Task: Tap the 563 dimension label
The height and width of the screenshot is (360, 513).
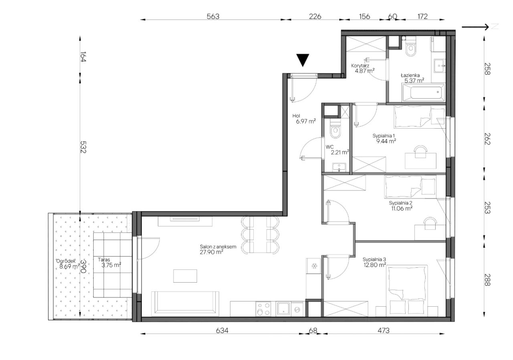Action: click(213, 16)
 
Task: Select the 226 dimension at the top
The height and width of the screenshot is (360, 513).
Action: click(315, 16)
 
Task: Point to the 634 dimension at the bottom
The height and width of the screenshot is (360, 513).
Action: click(222, 331)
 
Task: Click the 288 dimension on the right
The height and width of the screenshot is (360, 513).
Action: click(487, 280)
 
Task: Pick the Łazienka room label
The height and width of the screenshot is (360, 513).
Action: click(410, 75)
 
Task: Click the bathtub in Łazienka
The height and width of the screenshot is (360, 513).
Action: click(424, 92)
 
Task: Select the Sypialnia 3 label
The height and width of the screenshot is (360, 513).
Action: click(374, 259)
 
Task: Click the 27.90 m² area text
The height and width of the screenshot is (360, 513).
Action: click(211, 252)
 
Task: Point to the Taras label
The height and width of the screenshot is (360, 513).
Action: click(104, 260)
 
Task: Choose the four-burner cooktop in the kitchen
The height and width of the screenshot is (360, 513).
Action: click(263, 309)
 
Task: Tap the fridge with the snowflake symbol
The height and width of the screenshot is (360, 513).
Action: click(314, 266)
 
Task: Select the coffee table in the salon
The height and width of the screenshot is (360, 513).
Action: click(185, 276)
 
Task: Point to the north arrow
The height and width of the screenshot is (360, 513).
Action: click(475, 27)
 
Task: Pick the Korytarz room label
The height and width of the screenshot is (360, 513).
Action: click(360, 66)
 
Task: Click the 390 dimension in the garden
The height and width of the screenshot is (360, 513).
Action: click(83, 266)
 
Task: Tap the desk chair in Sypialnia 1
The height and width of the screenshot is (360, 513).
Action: click(421, 152)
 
